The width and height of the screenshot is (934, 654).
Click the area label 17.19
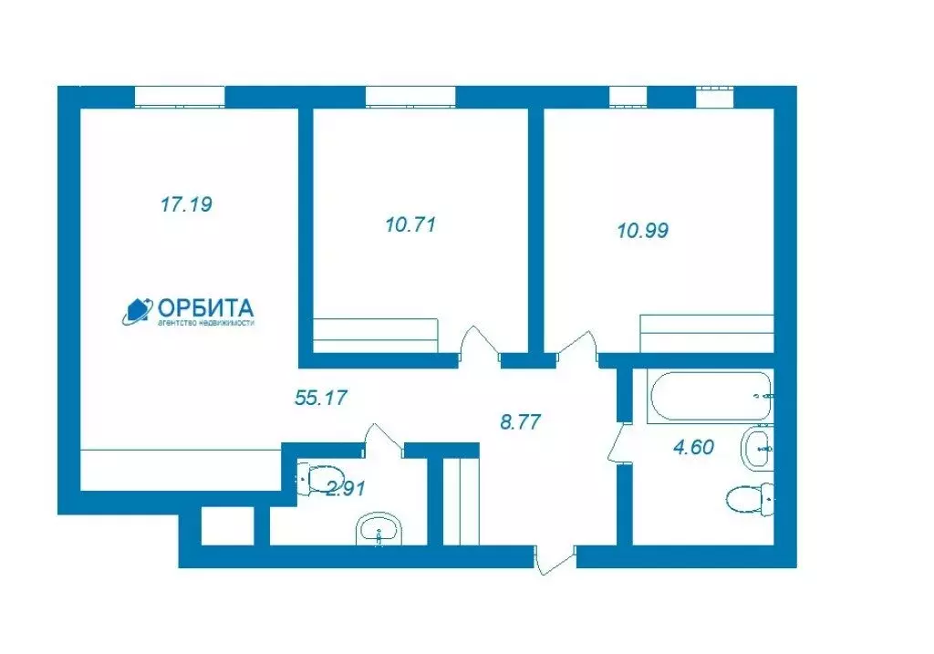pos(186,204)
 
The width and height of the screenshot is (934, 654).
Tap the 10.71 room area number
pos(410,224)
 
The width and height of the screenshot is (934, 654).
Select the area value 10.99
pos(643,230)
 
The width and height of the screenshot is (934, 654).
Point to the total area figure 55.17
pos(320,398)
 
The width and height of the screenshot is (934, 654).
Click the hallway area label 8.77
pos(521,421)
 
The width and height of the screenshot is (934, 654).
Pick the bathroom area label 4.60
pos(693,447)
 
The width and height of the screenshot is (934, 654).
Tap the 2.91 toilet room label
pos(346,489)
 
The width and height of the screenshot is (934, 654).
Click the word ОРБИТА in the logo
pos(206,308)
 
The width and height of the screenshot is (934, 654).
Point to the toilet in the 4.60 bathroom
pos(751,498)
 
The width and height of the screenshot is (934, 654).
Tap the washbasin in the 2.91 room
pos(379,529)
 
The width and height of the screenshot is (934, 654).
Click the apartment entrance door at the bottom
pos(555,559)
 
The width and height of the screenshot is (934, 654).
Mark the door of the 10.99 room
pos(576,346)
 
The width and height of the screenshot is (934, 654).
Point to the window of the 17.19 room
pos(180,97)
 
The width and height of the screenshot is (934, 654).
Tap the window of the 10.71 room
pos(410,97)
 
